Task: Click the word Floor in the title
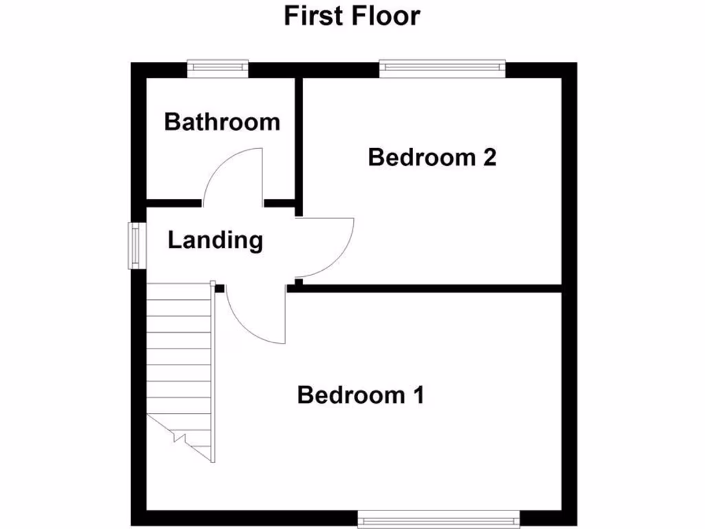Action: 385,15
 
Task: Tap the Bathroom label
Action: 222,122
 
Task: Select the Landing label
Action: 215,240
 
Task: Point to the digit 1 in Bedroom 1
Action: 417,395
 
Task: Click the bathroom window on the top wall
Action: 218,67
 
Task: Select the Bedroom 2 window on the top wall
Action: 442,67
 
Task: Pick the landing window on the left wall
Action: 136,245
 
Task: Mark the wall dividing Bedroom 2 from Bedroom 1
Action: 427,289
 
